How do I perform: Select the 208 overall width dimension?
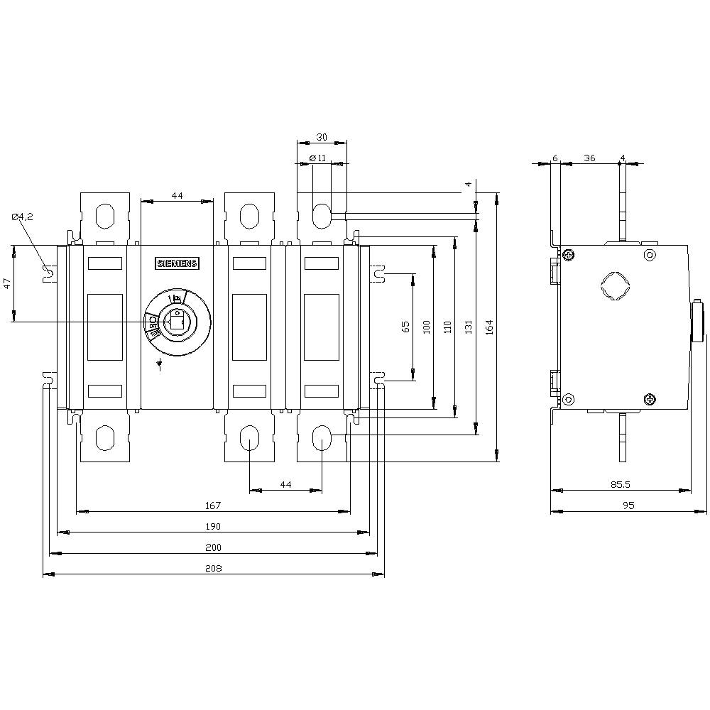tap(214, 568)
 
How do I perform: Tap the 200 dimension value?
tap(214, 547)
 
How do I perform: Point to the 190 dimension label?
tap(214, 526)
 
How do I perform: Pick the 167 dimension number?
tap(214, 506)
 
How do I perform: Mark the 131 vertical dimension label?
tap(468, 326)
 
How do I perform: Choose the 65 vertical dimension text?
tap(405, 326)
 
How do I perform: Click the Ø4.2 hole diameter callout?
tap(23, 217)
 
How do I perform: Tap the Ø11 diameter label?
tap(318, 158)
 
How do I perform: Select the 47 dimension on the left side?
tap(7, 283)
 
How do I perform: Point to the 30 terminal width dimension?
tap(322, 138)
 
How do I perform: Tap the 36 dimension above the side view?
tap(589, 158)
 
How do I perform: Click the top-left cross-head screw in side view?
tap(569, 254)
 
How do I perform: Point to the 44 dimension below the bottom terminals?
tap(285, 484)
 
